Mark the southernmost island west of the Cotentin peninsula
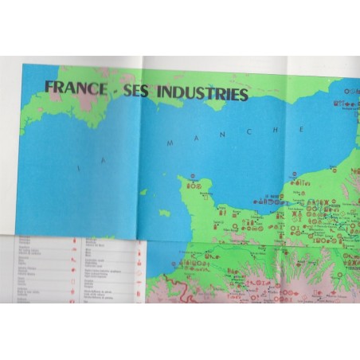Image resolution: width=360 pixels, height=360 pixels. (165, 213)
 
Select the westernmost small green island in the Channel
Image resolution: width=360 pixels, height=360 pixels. (143, 192)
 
